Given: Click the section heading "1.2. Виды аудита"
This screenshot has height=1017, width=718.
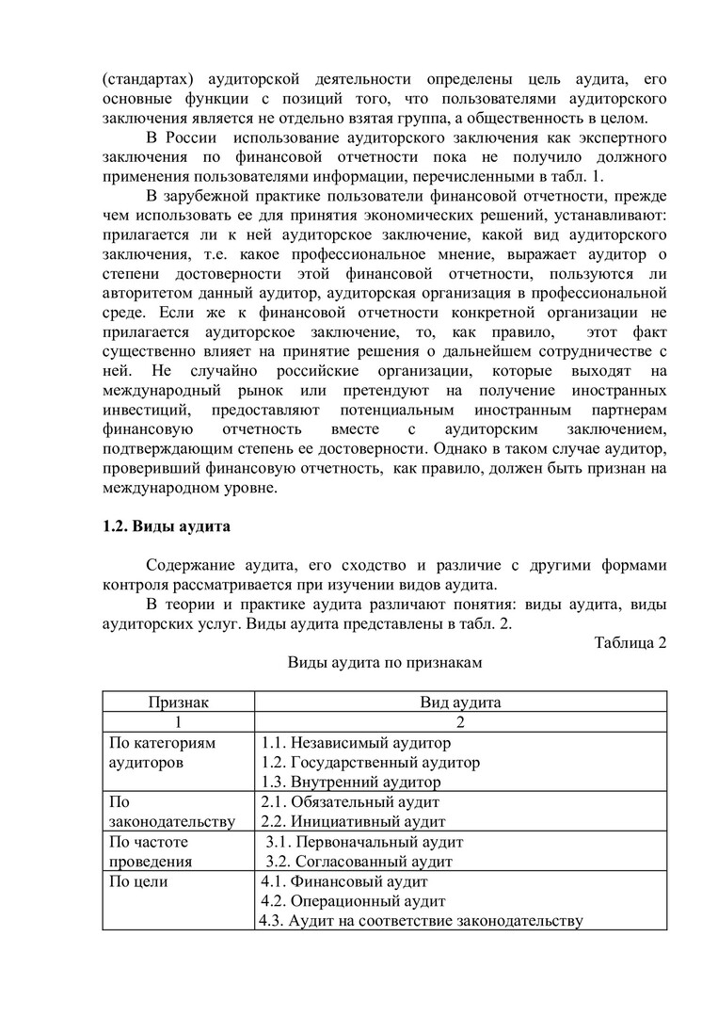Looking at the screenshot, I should coord(167,526).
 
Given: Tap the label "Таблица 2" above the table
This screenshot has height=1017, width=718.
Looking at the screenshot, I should coord(630,643).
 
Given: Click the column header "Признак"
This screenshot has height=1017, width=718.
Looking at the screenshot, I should coord(178,702).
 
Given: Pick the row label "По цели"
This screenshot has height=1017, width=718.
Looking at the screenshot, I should coord(139,881).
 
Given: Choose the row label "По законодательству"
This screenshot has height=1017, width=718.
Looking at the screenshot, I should coord(172,812).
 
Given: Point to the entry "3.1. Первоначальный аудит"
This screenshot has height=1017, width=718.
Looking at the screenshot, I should coord(364,842).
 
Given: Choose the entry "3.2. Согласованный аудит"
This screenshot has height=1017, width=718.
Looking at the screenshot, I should coord(359,861).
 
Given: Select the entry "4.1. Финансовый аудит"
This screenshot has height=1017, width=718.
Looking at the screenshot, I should coord(344,881).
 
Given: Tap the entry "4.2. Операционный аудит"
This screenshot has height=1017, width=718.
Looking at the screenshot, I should coord(353,901).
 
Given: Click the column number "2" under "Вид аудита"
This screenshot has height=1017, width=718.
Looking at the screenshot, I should coord(460,722).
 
